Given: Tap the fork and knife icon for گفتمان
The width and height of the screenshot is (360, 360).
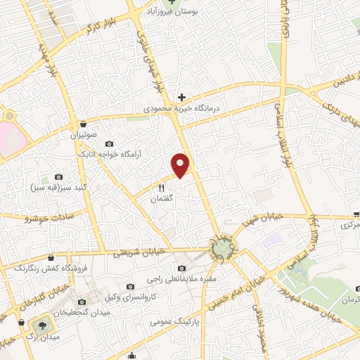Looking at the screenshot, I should click(x=161, y=188).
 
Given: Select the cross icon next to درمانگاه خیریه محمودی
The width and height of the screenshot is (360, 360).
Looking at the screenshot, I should click(x=181, y=97).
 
